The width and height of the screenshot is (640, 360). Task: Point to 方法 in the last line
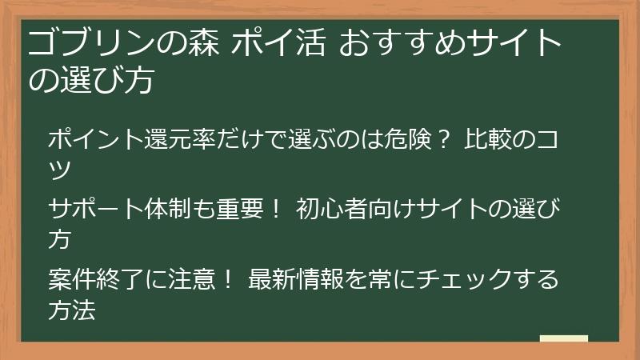[72, 310]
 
